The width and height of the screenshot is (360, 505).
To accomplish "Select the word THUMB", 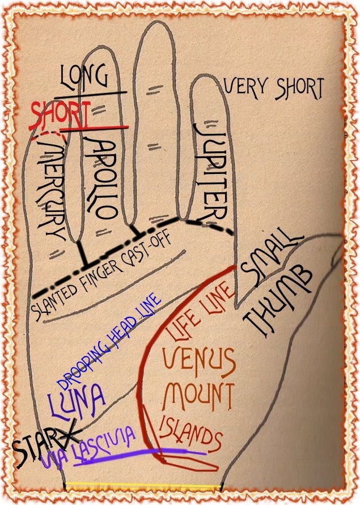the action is click(x=277, y=300).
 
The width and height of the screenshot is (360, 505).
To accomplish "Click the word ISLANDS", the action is click(x=189, y=434).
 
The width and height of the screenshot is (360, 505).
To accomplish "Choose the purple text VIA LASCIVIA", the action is click(x=91, y=448).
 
